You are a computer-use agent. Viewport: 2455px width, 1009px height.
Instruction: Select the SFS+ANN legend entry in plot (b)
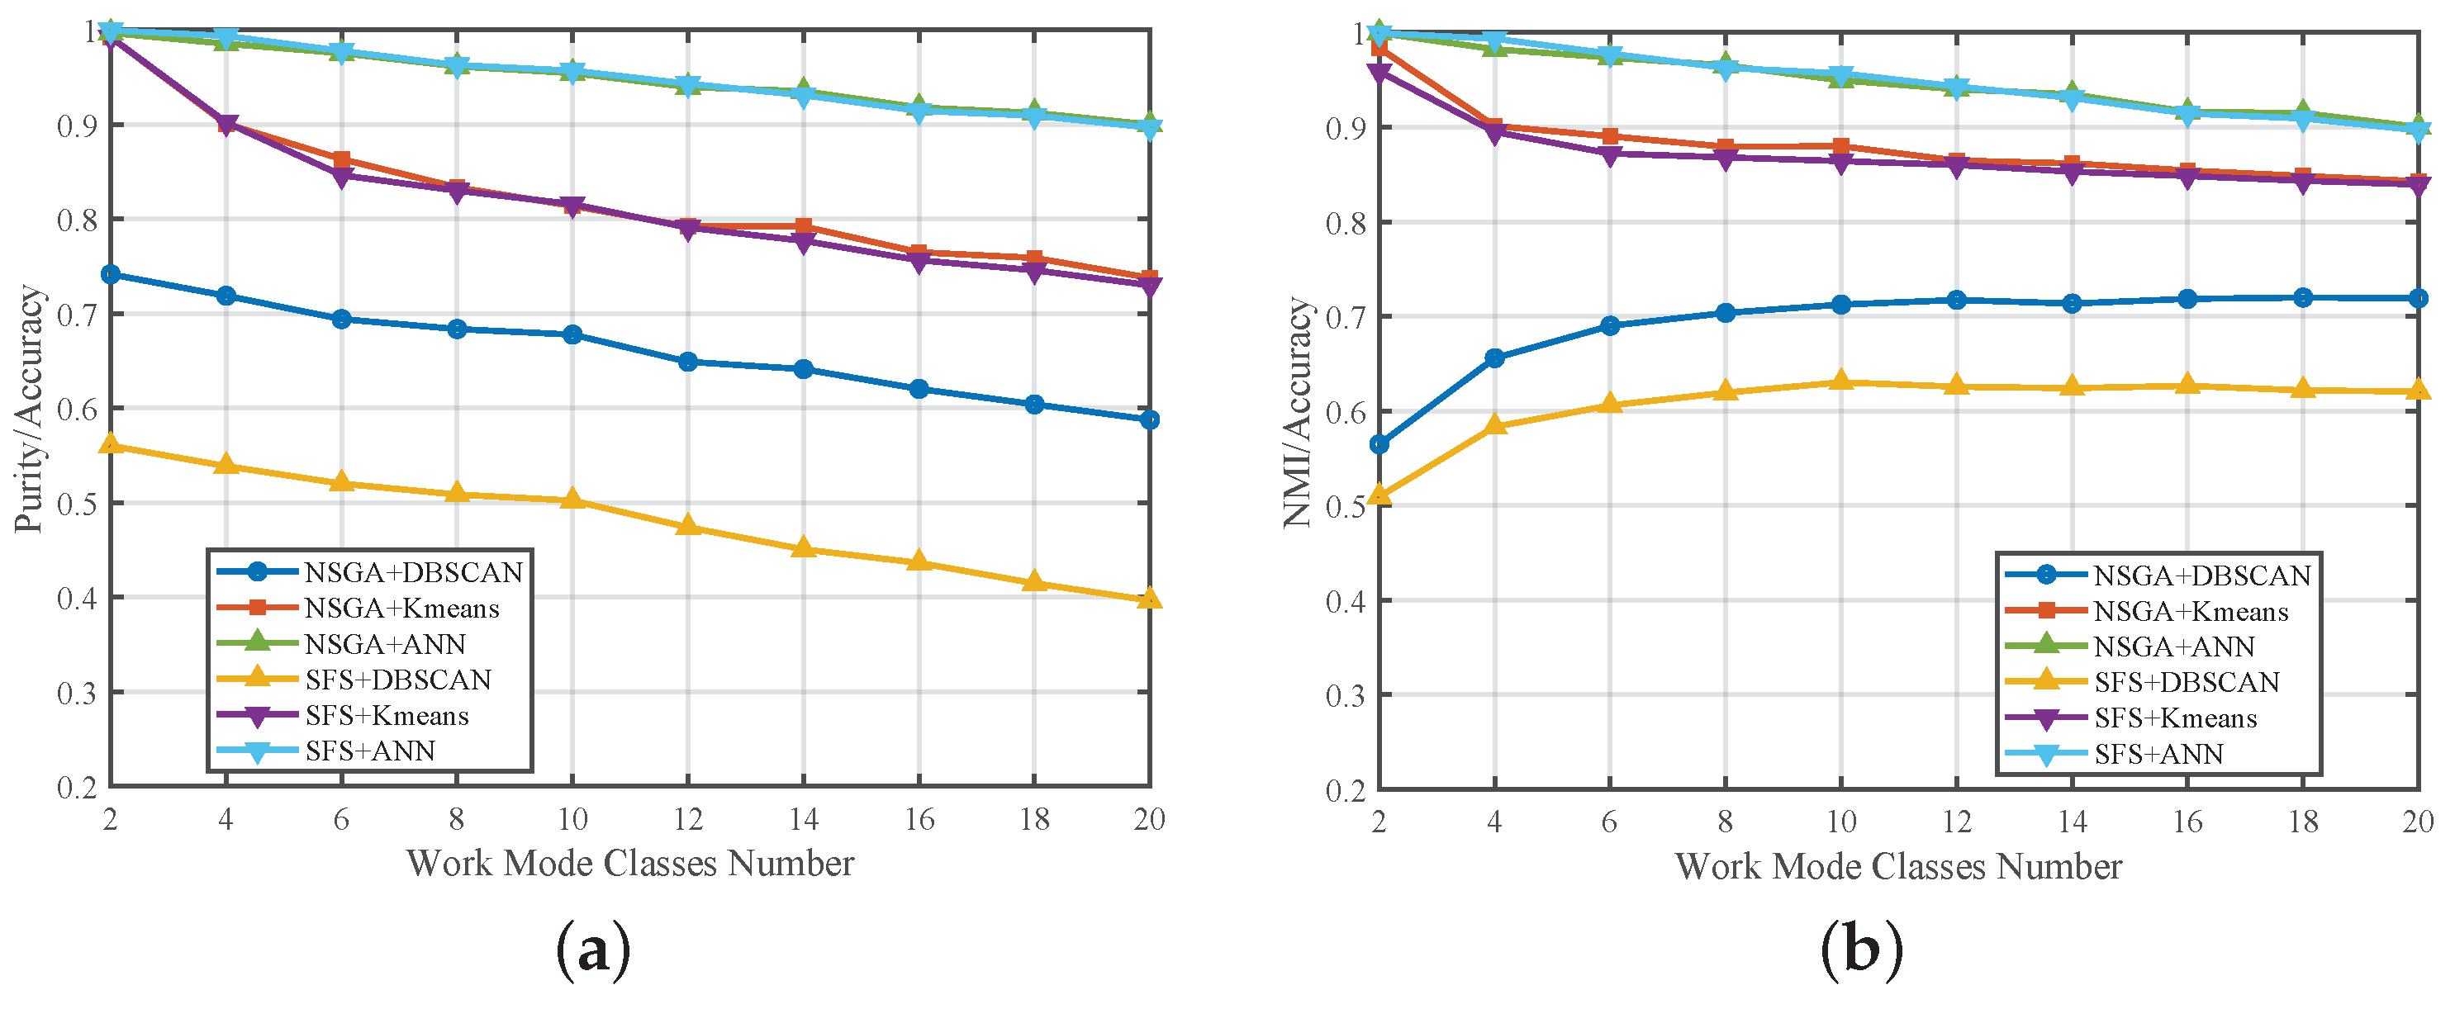pyautogui.click(x=2158, y=754)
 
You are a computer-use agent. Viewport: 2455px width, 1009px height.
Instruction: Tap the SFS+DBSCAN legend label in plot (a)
pyautogui.click(x=397, y=680)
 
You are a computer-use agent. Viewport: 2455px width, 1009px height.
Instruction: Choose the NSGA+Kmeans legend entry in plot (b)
pyautogui.click(x=2190, y=611)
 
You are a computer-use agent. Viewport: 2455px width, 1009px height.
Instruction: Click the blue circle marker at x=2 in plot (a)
pyautogui.click(x=111, y=274)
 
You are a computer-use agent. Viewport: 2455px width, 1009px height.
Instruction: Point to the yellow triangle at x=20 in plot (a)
pyautogui.click(x=1149, y=599)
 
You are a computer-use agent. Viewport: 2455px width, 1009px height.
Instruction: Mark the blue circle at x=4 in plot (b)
pyautogui.click(x=1494, y=358)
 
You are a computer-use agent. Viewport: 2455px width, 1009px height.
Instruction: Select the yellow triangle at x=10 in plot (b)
pyautogui.click(x=1841, y=381)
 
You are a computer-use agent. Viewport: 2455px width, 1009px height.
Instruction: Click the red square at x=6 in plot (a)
pyautogui.click(x=341, y=159)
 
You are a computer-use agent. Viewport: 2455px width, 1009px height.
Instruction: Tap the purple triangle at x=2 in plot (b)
pyautogui.click(x=1379, y=73)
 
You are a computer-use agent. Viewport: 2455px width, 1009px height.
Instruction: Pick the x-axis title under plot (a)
pyautogui.click(x=630, y=863)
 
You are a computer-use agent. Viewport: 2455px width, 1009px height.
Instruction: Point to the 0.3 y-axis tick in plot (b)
pyautogui.click(x=1345, y=695)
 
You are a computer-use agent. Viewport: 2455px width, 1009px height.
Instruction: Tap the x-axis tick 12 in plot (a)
pyautogui.click(x=687, y=819)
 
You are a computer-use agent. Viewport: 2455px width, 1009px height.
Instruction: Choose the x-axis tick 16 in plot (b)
pyautogui.click(x=2187, y=822)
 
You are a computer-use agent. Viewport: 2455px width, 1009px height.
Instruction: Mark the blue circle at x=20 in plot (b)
pyautogui.click(x=2418, y=298)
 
